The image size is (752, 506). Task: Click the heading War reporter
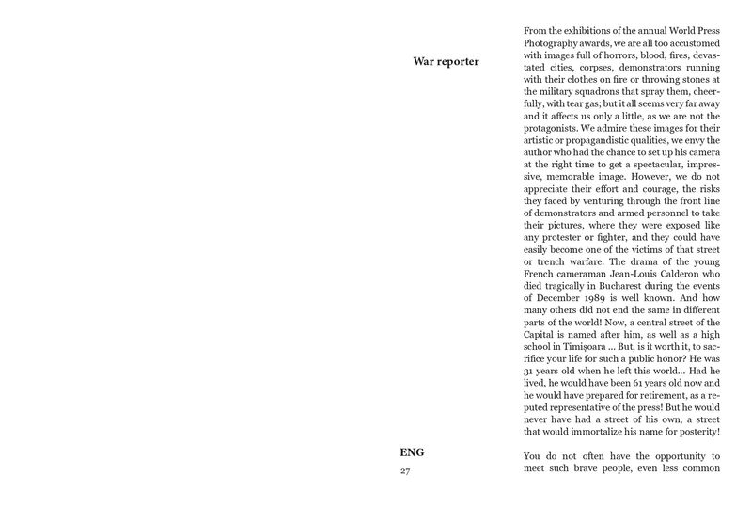click(x=446, y=62)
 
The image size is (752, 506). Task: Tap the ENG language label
click(x=412, y=452)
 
